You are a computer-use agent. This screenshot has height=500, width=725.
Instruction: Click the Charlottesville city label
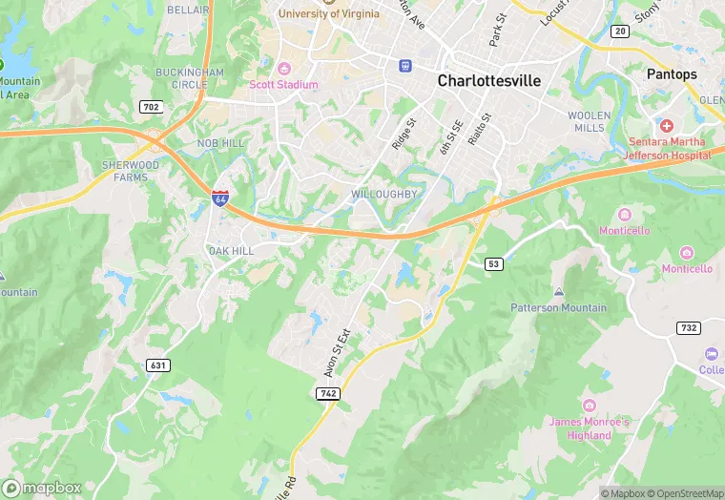488,81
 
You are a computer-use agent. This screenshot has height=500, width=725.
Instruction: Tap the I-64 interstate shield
220,198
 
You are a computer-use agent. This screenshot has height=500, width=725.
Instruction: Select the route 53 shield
492,263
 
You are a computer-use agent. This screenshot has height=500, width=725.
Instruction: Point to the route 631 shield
157,365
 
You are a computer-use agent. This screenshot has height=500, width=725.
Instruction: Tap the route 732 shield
690,328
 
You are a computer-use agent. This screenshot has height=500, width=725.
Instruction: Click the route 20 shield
621,31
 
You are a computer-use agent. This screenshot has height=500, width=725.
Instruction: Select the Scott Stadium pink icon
283,68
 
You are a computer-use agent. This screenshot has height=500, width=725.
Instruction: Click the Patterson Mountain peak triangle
558,291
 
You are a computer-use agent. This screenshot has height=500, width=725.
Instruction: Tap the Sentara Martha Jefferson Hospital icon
666,126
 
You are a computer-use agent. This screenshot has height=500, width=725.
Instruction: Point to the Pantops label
672,74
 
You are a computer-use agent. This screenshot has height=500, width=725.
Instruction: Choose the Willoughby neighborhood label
384,195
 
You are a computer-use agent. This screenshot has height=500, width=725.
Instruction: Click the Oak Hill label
231,251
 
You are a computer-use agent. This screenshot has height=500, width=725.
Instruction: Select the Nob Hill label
221,142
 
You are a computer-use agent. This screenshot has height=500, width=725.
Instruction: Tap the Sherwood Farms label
131,171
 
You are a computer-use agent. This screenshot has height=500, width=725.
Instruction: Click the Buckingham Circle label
191,78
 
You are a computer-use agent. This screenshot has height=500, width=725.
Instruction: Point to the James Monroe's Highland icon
589,405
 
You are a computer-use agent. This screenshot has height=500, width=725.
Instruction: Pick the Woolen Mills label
589,121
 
